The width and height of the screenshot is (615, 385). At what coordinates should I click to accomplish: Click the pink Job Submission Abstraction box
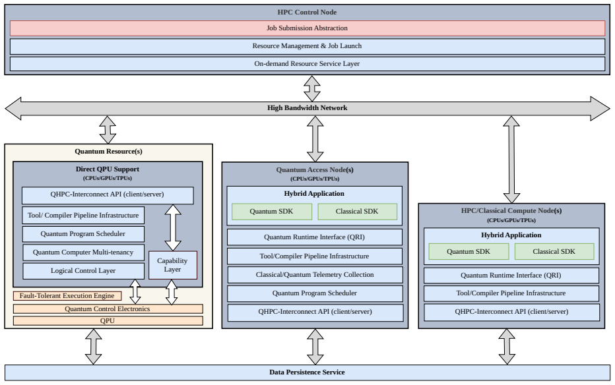point(307,28)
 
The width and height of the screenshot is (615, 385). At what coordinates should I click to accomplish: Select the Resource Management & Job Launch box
point(307,46)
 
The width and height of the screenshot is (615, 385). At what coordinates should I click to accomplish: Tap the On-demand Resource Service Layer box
point(307,64)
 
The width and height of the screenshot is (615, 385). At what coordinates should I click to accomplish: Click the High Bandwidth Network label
point(307,107)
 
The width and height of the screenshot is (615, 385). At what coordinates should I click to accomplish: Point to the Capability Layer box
point(173,265)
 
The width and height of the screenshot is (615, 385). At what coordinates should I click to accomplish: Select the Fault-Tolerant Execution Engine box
point(67,296)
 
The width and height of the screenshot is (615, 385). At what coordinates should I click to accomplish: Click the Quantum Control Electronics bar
point(108,309)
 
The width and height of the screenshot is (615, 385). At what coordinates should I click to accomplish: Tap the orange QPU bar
point(108,321)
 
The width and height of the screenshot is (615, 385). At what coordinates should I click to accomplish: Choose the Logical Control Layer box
point(83,271)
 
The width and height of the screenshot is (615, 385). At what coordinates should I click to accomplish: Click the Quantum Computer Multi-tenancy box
point(83,252)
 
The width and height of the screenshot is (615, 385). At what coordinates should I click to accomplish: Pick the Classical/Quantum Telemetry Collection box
point(315,275)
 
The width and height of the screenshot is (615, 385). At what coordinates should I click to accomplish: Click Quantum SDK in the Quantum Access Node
point(271,212)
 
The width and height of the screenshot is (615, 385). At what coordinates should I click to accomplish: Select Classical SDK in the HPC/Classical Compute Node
point(554,251)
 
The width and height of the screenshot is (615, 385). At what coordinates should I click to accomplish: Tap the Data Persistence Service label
point(307,372)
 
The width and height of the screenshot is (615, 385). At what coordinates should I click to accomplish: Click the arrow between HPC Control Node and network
point(312,88)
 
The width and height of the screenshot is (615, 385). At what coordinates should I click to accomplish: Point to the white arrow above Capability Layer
point(173,227)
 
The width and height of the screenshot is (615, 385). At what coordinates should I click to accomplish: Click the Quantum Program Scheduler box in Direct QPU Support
point(83,234)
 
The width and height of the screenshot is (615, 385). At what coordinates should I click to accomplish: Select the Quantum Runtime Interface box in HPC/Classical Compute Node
point(511,276)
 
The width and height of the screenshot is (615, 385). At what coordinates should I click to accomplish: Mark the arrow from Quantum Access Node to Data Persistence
point(315,347)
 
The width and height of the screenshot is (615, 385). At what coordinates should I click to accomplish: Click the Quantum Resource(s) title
point(108,152)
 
